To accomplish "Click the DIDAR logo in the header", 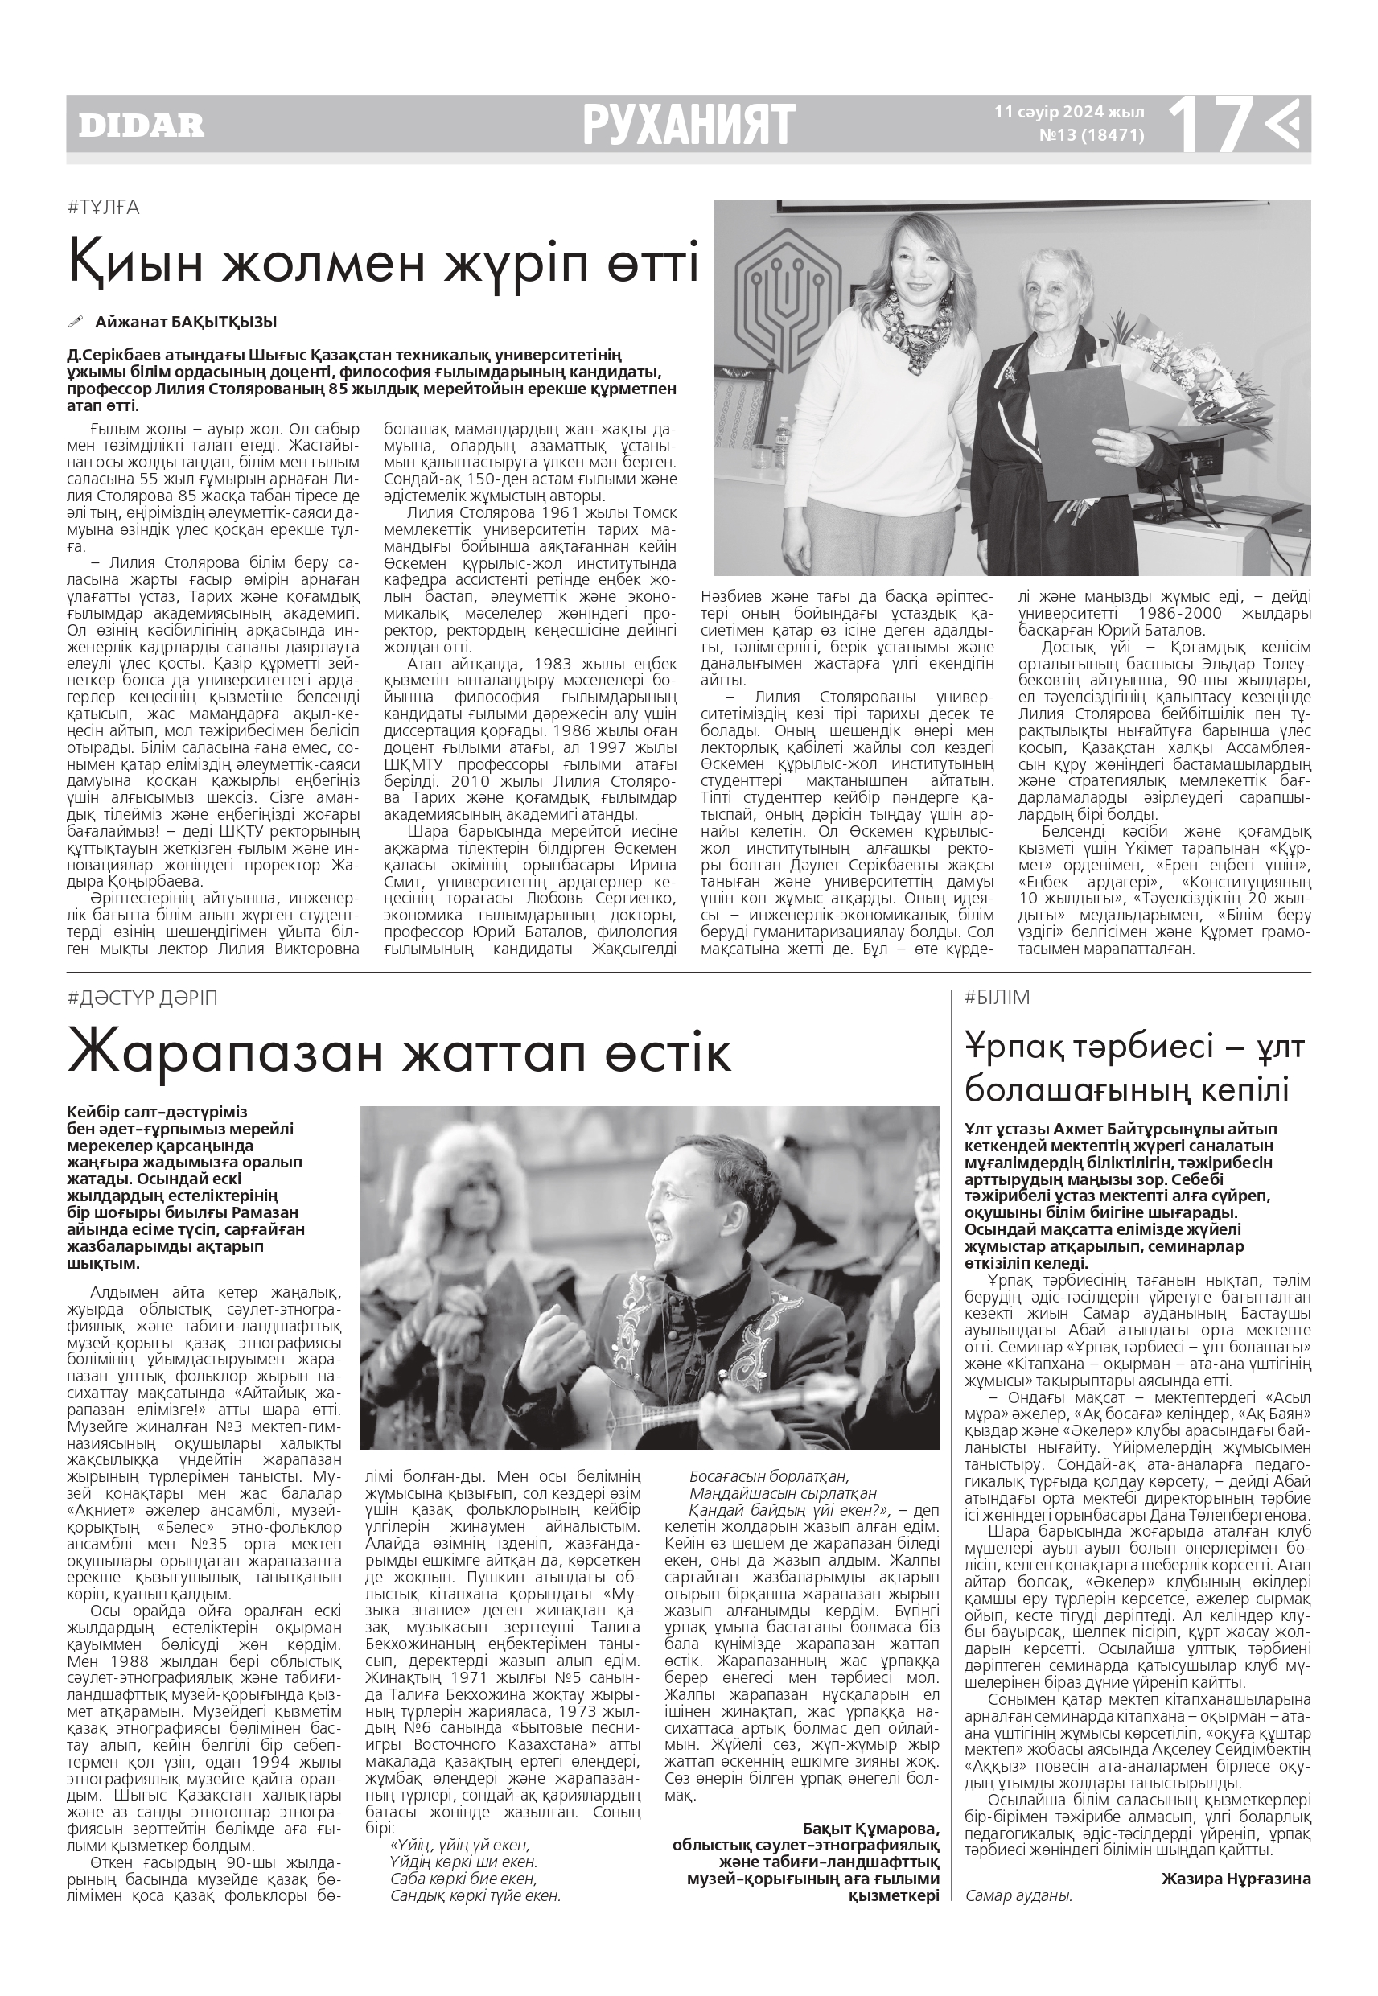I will coord(142,126).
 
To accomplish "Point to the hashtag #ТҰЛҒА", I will coord(103,208).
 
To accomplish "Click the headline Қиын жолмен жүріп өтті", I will coord(384,263).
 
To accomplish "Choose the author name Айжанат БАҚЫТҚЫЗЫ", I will coord(186,322).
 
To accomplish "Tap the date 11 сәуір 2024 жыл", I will coord(1070,113).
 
